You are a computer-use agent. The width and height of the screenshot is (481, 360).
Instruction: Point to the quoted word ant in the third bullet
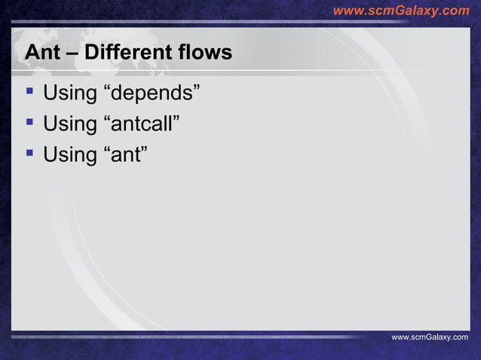(x=124, y=157)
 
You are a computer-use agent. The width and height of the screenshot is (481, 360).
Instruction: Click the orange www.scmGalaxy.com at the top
(x=400, y=11)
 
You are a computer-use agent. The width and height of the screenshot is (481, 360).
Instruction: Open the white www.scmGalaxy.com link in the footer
(x=429, y=337)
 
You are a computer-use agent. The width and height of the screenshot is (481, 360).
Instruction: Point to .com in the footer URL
(x=458, y=337)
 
